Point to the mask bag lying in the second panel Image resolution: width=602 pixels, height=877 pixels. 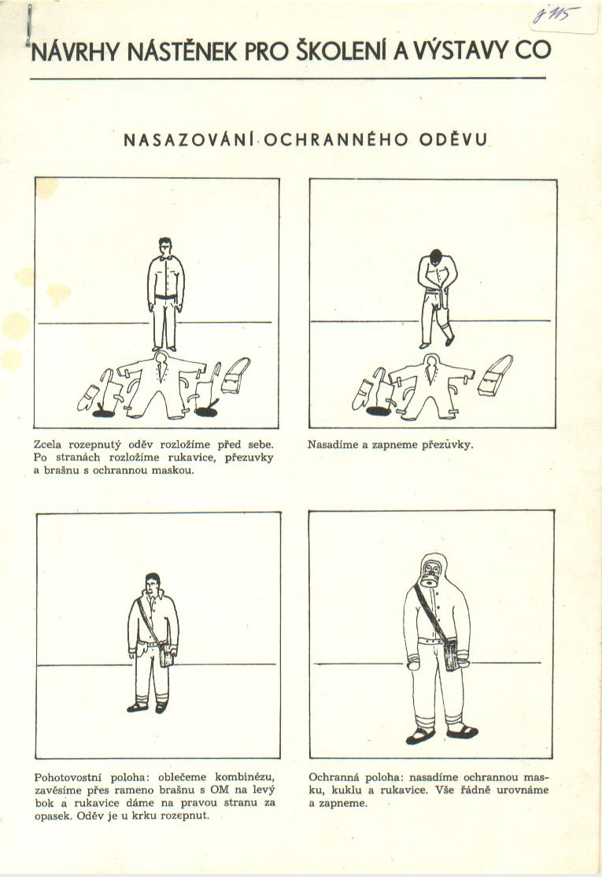pyautogui.click(x=496, y=376)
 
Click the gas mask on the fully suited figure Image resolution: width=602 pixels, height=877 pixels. pyautogui.click(x=431, y=575)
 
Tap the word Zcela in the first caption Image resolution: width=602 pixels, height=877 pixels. pyautogui.click(x=48, y=445)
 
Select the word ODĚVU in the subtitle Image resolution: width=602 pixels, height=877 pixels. pyautogui.click(x=453, y=139)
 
